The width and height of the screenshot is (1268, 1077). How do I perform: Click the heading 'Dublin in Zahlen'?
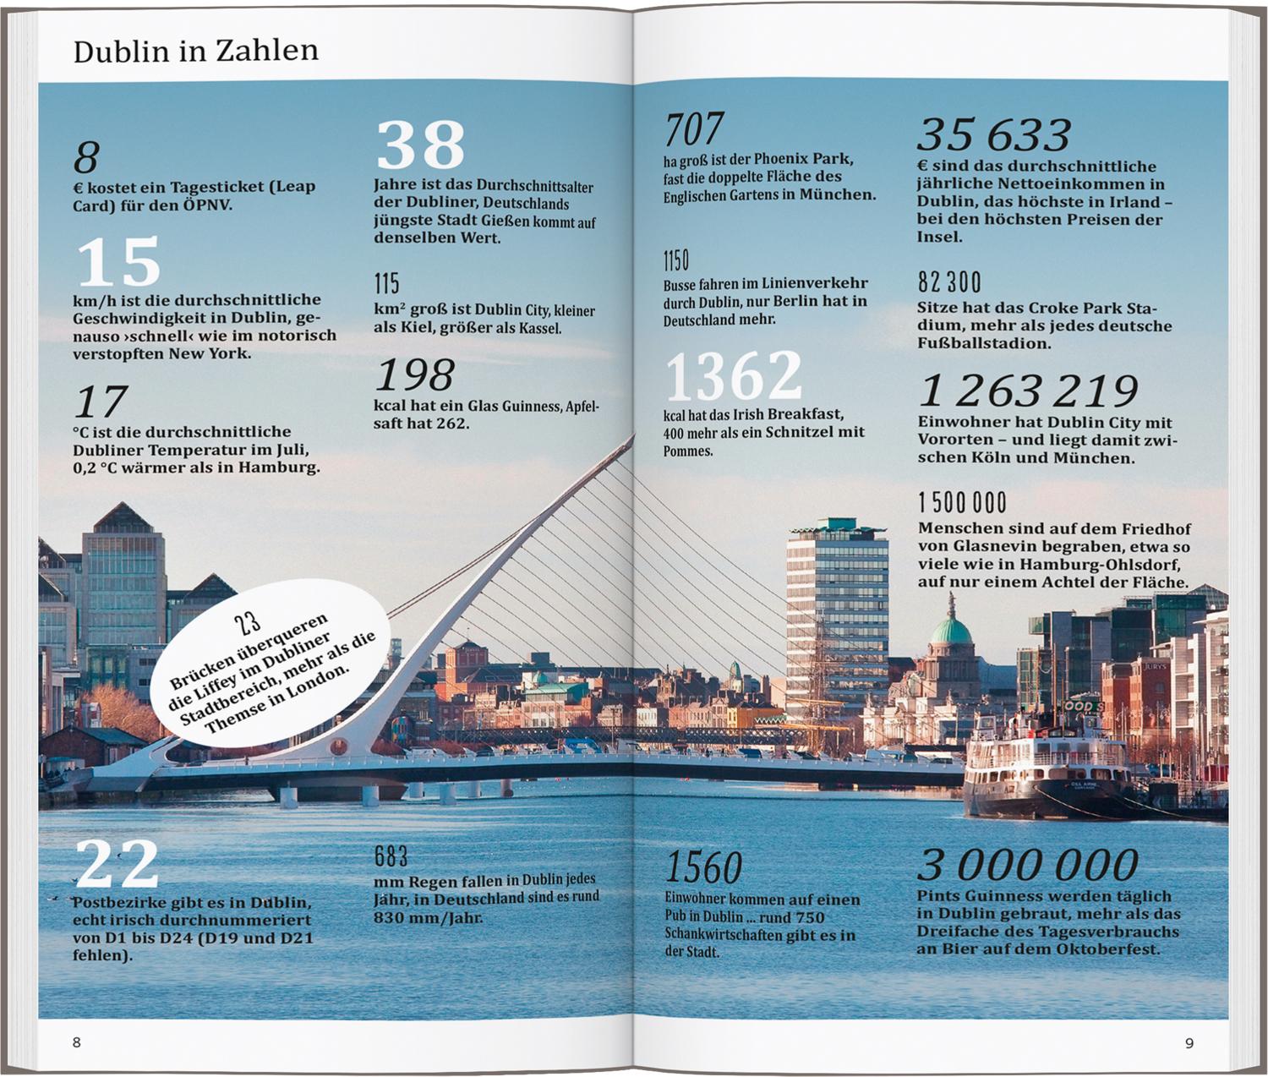(x=196, y=52)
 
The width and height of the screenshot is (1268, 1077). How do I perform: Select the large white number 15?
(x=118, y=262)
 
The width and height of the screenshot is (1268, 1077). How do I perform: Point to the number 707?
(x=694, y=130)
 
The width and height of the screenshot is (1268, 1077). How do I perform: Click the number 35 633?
(x=994, y=134)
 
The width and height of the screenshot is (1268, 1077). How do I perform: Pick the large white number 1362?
(x=734, y=376)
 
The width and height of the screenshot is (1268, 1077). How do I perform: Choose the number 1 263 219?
(x=1028, y=391)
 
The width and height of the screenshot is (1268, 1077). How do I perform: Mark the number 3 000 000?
(x=1028, y=865)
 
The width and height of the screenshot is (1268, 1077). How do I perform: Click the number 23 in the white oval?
(x=248, y=623)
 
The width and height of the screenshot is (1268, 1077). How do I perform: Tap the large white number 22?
(x=118, y=864)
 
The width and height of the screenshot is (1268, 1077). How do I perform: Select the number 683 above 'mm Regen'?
(x=391, y=856)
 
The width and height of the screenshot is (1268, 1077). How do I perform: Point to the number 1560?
(x=703, y=867)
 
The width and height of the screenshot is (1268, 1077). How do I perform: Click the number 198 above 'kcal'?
(x=414, y=374)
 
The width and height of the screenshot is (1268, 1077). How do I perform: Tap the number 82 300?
(x=949, y=282)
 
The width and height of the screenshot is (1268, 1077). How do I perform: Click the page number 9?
(x=1189, y=1043)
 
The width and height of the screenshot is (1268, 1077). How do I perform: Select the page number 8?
(x=77, y=1042)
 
